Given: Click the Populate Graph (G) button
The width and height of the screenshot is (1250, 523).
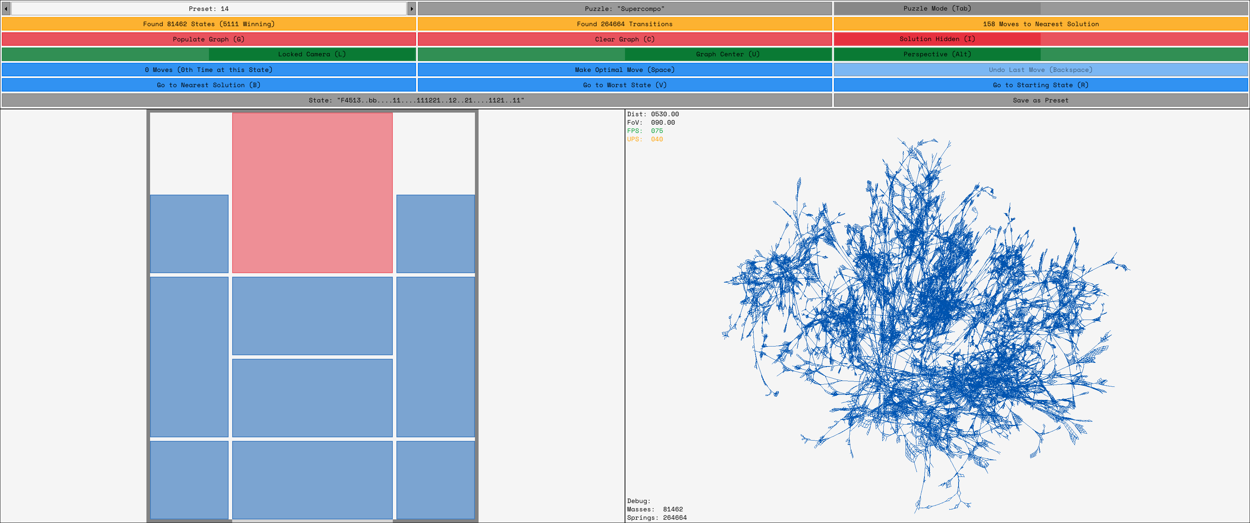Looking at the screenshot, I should coord(209,39).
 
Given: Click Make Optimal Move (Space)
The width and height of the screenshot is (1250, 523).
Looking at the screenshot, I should coord(625,70).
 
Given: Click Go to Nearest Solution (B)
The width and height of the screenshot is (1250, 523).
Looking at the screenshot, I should coord(209,85).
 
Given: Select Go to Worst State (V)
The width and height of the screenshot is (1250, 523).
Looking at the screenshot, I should coord(625,85).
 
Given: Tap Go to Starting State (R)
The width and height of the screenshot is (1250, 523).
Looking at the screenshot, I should coord(1040,85).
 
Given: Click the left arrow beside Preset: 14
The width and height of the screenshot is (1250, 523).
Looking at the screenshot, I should coord(6,9).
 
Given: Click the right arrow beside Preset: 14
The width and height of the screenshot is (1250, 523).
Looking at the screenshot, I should coord(411,9).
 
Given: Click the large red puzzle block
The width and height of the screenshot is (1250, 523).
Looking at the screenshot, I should coord(312,192).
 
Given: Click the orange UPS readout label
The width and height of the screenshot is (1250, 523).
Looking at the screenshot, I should coord(634,139).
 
